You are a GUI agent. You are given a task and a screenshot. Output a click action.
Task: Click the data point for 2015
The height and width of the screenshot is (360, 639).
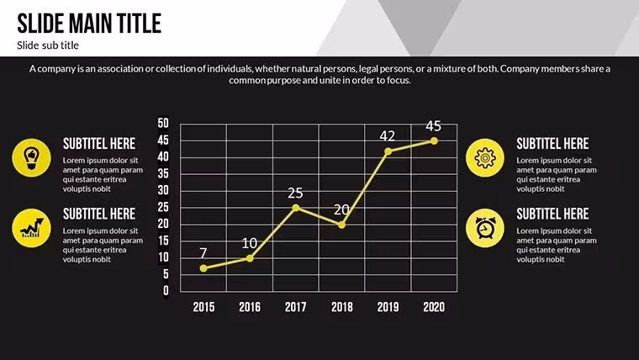coord(203,268)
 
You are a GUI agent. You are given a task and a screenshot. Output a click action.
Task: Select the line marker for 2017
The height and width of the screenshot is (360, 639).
coord(296,208)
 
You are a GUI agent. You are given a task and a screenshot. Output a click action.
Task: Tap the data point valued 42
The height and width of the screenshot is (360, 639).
coord(388,151)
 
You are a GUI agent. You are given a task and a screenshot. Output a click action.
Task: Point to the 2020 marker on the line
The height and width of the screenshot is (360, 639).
coord(434,140)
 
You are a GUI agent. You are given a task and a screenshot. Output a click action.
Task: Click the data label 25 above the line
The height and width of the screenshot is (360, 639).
coord(295,193)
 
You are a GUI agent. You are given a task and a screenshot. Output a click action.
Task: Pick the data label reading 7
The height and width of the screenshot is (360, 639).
coord(203,253)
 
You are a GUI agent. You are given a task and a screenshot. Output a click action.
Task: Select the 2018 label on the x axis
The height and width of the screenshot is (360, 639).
coord(342,307)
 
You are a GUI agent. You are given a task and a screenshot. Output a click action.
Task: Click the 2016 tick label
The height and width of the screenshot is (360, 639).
coord(250,307)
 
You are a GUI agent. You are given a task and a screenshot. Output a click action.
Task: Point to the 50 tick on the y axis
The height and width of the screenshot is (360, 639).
coord(163,123)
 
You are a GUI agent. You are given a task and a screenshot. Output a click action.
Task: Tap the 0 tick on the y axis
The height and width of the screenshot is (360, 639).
coord(166,290)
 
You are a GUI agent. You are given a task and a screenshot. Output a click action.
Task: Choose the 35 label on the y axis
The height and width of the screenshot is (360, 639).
coord(163,173)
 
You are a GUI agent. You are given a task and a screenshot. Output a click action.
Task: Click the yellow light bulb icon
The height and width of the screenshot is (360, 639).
coord(31,158)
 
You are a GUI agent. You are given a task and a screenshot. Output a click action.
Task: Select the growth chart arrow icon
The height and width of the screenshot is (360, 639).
coord(31,228)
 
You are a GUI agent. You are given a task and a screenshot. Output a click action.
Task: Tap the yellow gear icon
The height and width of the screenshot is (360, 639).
coord(485,158)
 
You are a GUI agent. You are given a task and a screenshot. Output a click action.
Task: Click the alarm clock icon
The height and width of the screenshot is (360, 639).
coord(485,228)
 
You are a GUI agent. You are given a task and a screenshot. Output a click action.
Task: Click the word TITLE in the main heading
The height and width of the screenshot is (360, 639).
coord(139,24)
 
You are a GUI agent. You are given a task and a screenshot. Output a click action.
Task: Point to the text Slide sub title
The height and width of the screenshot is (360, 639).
coord(48,45)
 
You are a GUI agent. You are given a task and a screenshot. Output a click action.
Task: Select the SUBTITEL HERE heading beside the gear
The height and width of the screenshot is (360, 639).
coord(552,144)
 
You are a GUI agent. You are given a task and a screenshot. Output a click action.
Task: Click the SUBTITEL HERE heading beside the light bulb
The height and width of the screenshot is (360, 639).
coord(99,144)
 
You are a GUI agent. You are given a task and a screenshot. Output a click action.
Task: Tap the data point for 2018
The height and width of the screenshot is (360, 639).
coord(342,225)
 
